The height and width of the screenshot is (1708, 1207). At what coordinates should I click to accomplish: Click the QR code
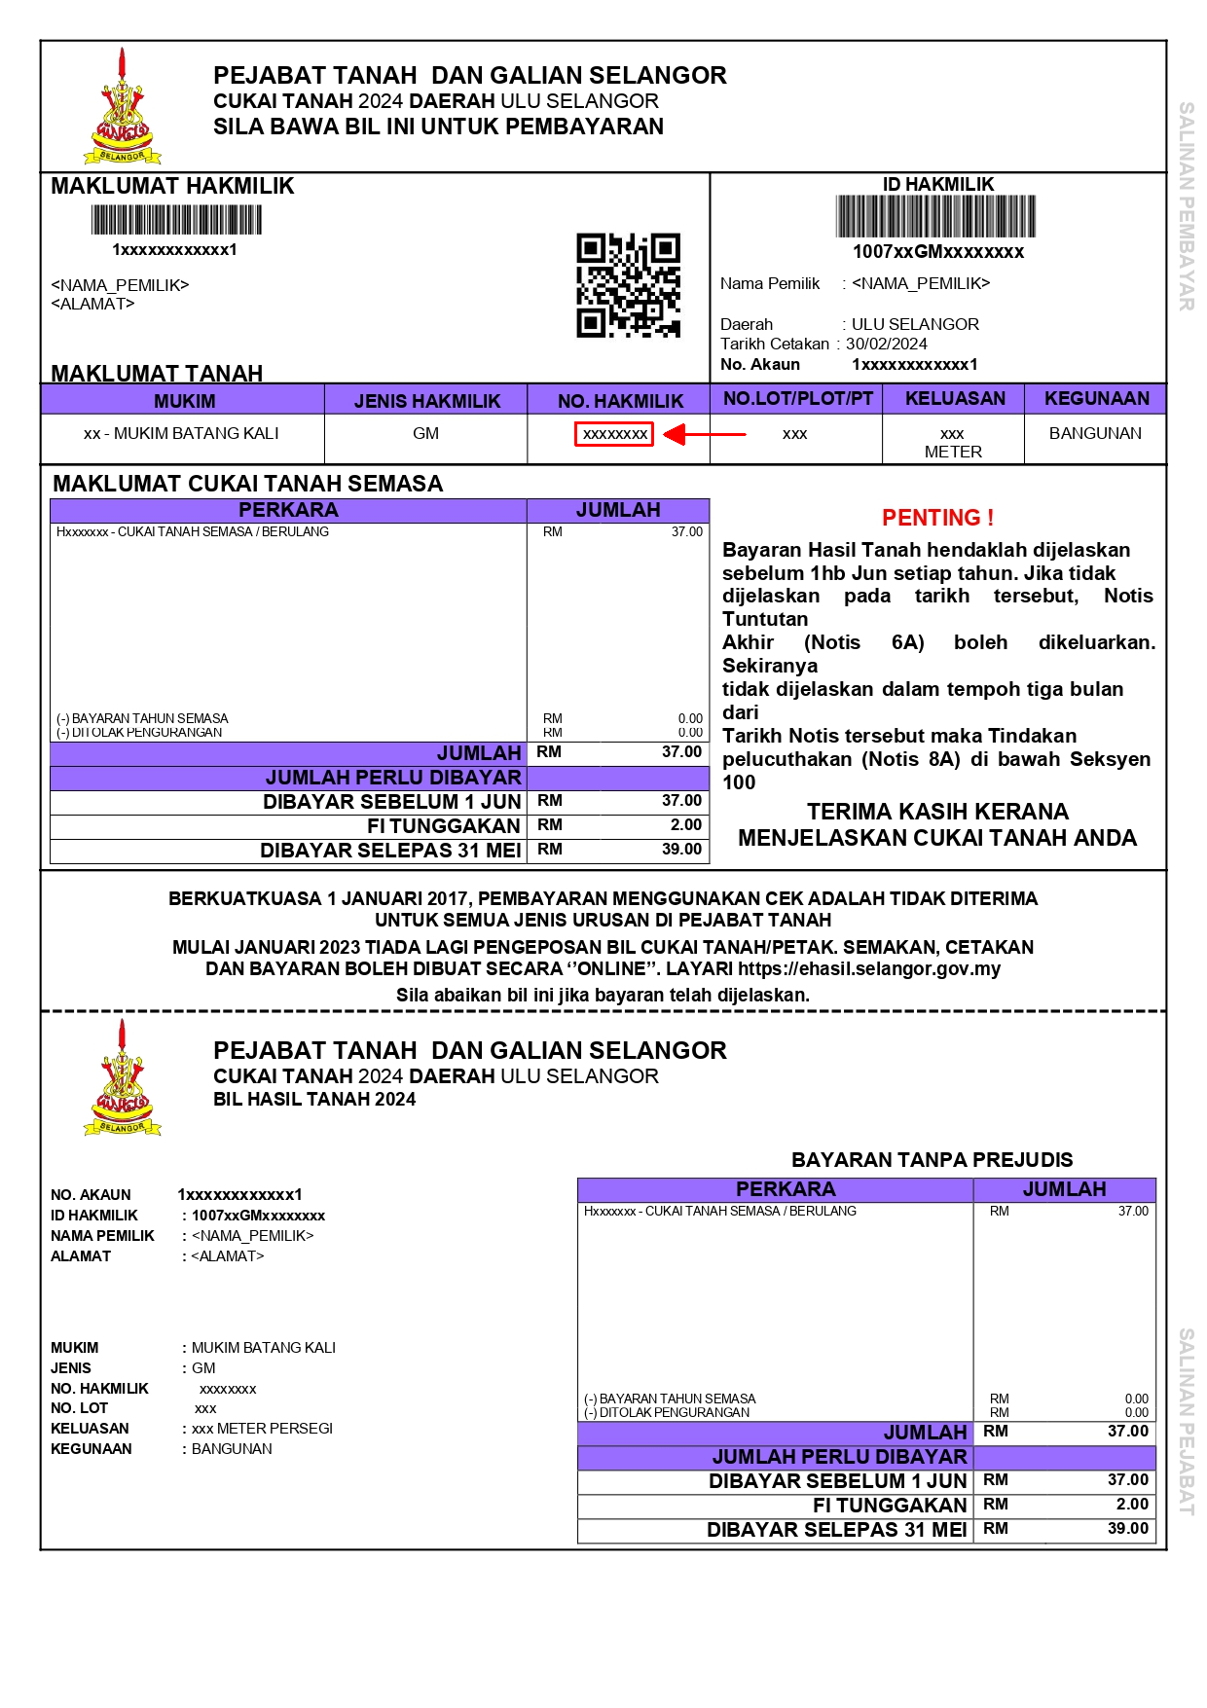(628, 285)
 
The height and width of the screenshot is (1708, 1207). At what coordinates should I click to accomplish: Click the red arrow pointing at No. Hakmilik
(703, 434)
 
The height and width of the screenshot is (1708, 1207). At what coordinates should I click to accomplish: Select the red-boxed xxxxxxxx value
(614, 434)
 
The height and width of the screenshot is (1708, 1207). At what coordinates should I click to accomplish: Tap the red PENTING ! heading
(937, 518)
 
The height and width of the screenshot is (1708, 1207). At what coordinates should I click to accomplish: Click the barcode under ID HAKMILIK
(935, 216)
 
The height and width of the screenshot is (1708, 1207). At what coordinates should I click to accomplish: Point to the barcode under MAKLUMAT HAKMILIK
(176, 220)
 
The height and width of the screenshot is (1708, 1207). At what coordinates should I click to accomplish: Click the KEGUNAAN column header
(1096, 398)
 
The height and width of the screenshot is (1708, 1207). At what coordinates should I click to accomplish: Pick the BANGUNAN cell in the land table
(1095, 433)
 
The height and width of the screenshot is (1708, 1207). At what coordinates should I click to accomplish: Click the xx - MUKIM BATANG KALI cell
(181, 433)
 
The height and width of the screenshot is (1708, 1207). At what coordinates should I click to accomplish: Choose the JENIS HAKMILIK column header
(426, 401)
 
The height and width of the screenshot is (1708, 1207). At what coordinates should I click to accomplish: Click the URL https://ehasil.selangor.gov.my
(868, 968)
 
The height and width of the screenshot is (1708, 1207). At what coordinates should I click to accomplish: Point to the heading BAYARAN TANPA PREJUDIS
(932, 1159)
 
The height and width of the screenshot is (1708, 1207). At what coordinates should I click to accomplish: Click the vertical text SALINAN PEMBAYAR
(1186, 206)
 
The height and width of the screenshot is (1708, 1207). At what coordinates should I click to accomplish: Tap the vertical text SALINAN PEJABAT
(1186, 1421)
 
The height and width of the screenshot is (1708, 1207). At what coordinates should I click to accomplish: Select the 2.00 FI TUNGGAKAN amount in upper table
(685, 824)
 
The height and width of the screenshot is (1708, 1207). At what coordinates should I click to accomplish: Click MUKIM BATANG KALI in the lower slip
(263, 1348)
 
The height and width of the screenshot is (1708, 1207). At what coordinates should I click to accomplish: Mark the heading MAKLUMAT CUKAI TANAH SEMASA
(247, 484)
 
